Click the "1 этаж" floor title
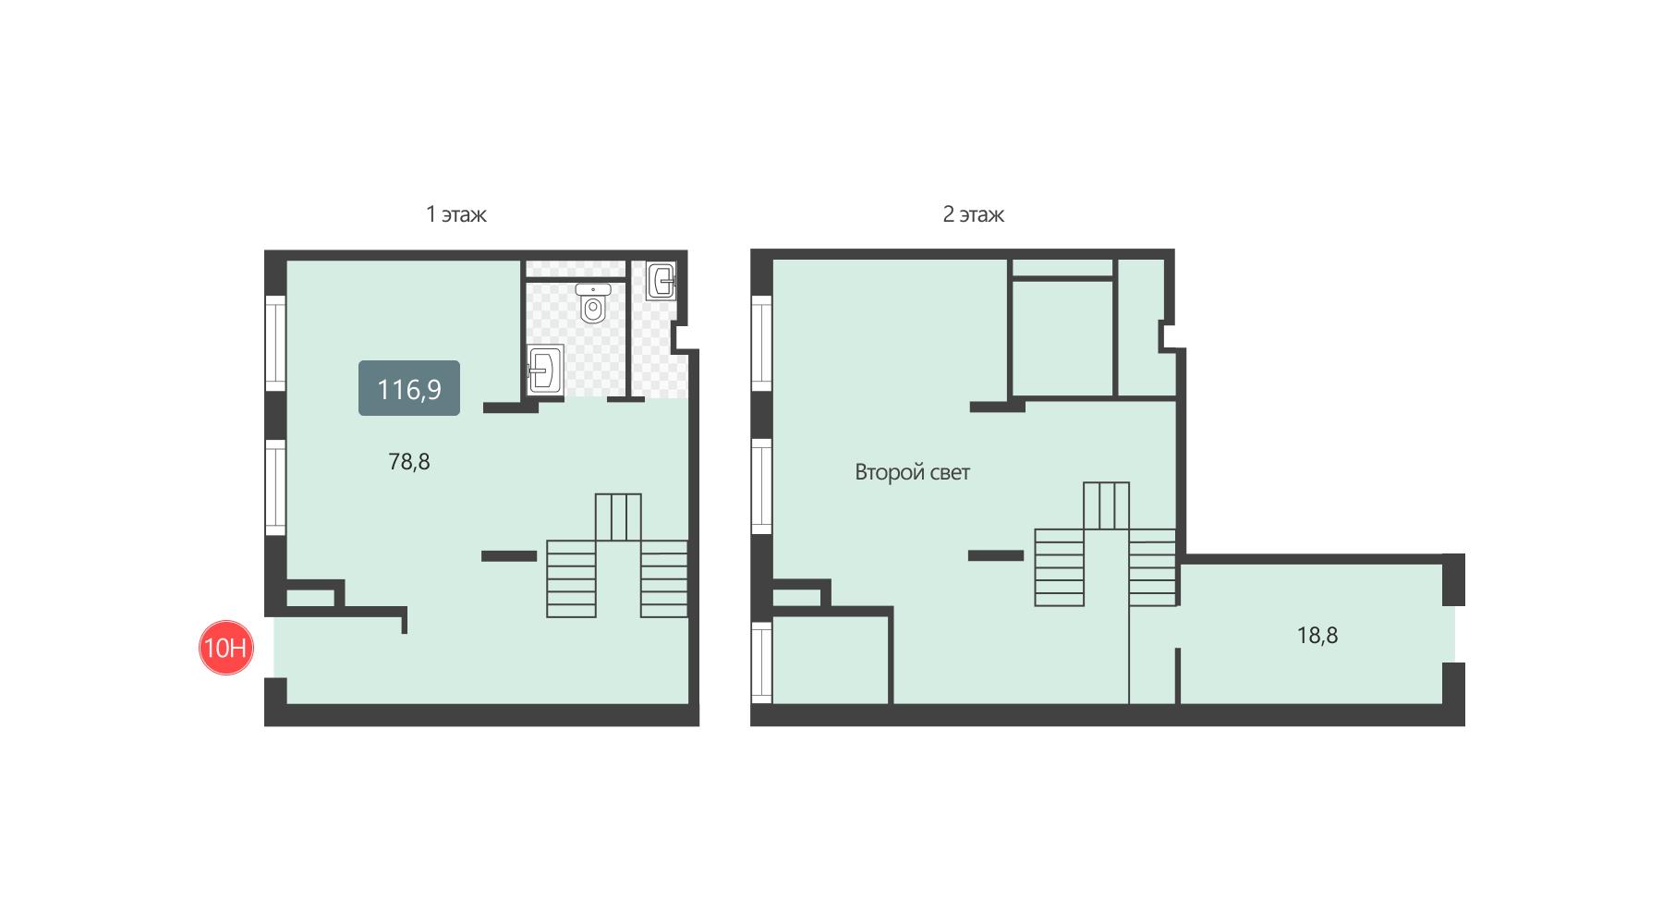455,214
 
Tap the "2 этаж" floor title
973,214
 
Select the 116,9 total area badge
409,388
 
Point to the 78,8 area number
409,461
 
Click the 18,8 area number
1317,636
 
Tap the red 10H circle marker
226,648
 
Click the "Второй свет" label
912,472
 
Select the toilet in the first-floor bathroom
592,303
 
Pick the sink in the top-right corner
662,281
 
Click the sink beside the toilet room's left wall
545,371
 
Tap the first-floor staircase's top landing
618,517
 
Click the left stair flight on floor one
571,578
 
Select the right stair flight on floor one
664,578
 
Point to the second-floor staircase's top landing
1106,505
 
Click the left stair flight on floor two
1059,567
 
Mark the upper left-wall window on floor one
275,343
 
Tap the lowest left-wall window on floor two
761,662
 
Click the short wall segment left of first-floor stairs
509,556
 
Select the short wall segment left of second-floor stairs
996,555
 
